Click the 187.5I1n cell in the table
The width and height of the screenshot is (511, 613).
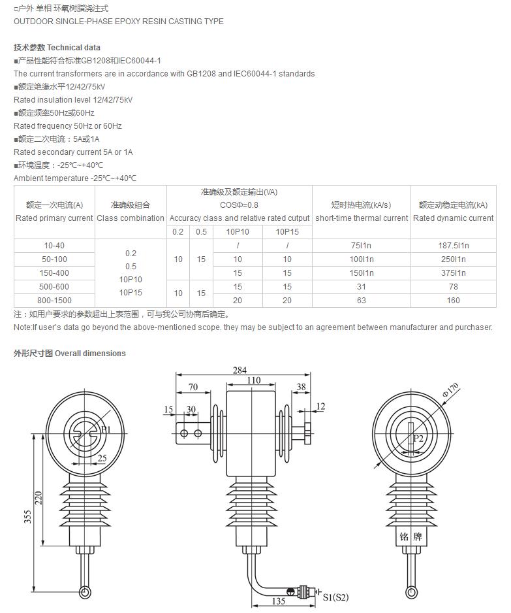coord(454,246)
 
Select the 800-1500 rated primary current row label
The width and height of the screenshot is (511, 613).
coord(54,300)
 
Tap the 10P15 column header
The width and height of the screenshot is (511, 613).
coord(287,232)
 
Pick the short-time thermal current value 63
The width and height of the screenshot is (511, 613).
coord(361,300)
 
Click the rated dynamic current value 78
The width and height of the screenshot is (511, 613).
coord(454,287)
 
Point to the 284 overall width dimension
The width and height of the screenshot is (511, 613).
coord(240,370)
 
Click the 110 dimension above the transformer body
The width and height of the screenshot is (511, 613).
coord(253,380)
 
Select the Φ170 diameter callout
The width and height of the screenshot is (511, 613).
coord(450,386)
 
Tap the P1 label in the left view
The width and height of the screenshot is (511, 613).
coord(106,430)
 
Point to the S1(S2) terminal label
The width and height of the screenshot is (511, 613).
coord(336,597)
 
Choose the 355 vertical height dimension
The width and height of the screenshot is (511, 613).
coord(26,516)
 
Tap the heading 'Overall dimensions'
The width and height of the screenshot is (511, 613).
coord(90,354)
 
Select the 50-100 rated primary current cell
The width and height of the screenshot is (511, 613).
coord(54,259)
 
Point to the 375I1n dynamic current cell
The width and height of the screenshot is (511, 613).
coord(454,273)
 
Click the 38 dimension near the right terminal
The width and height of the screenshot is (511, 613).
coord(301,387)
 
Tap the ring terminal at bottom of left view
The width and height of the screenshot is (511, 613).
coord(85,592)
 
